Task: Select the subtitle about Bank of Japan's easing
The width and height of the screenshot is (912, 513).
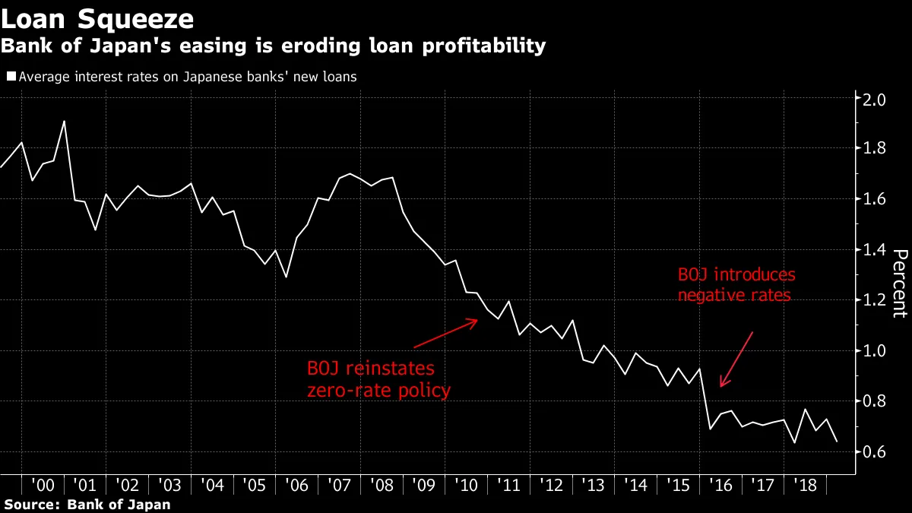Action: point(273,46)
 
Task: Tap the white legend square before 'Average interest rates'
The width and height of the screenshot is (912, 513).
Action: point(11,77)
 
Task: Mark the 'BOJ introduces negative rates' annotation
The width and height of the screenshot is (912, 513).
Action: point(735,284)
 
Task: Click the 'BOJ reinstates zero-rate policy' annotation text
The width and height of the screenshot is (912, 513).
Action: point(378,379)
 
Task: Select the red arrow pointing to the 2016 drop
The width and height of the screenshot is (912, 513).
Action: point(736,359)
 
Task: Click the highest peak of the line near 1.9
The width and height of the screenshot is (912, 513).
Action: point(64,122)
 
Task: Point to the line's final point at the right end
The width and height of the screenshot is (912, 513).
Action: point(836,442)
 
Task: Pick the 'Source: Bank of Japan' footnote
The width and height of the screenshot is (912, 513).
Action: point(87,504)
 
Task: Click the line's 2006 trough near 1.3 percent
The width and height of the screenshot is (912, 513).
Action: point(286,277)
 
